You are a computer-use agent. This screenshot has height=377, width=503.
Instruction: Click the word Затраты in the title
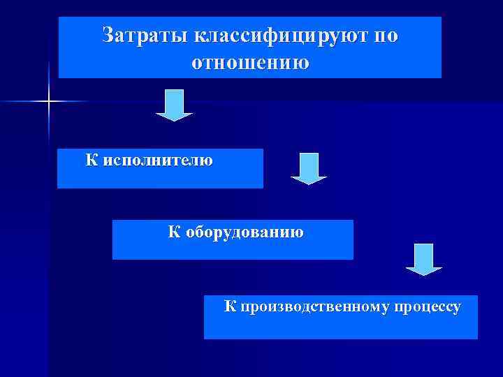(x=144, y=36)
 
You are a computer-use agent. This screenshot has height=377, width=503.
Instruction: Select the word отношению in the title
(x=249, y=63)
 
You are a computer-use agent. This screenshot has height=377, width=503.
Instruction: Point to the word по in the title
(x=386, y=36)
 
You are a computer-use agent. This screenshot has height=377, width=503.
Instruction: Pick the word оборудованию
(x=245, y=232)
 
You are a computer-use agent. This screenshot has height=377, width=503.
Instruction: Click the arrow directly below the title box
(x=173, y=105)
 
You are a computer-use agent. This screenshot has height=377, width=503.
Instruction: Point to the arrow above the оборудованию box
(x=308, y=168)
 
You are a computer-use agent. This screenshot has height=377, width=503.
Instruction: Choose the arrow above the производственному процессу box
(x=424, y=259)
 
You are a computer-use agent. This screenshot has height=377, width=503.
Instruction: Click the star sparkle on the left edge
(x=49, y=102)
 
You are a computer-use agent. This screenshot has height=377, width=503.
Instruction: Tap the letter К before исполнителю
(x=92, y=160)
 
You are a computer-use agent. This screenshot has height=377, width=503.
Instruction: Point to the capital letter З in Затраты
(x=108, y=36)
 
